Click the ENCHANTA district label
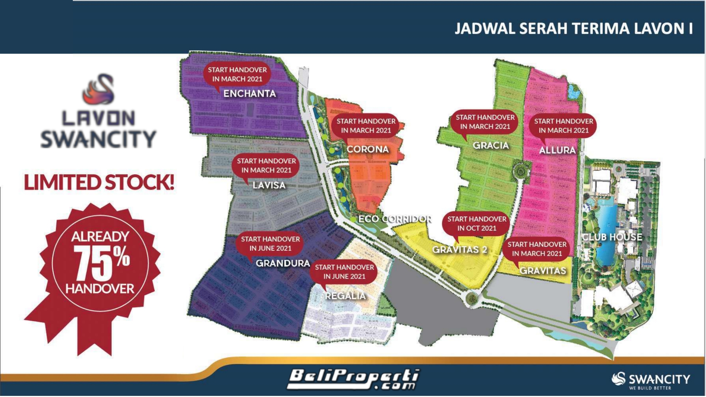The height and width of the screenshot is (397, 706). (250, 94)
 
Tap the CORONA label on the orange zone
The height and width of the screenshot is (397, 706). (368, 149)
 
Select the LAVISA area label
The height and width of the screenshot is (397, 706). (269, 185)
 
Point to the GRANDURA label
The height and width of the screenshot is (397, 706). (283, 263)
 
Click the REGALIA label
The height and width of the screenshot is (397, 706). (345, 296)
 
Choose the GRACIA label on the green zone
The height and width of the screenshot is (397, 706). (491, 146)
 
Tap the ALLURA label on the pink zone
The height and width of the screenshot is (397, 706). (557, 150)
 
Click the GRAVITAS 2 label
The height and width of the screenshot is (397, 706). (460, 250)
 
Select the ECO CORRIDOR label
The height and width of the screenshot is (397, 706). (395, 219)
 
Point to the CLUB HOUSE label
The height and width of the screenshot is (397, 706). (612, 237)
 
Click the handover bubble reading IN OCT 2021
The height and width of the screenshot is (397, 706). (477, 223)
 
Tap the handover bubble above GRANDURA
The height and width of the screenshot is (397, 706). (270, 243)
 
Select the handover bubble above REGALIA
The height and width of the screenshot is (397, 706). (344, 272)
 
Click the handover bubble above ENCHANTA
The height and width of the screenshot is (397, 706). (237, 74)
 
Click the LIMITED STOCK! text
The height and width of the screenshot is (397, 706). (99, 183)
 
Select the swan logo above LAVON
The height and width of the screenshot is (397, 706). (99, 89)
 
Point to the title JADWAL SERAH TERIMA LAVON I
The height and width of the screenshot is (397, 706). (573, 29)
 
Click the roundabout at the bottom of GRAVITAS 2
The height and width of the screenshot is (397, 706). (471, 298)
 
